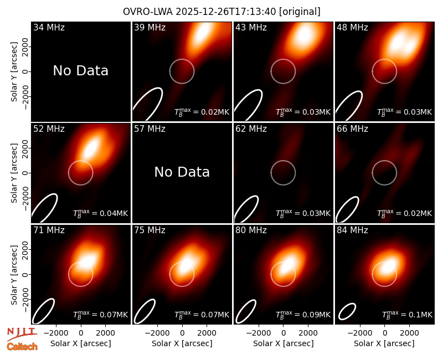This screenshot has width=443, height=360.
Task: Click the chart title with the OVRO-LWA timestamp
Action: click(221, 12)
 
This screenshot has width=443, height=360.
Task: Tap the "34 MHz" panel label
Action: click(49, 27)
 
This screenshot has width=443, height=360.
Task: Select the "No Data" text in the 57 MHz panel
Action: click(182, 172)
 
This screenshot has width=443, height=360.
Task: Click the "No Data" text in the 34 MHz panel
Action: click(80, 70)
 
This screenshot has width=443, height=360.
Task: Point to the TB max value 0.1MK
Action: click(407, 314)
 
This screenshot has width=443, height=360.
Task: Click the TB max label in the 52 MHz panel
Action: click(101, 213)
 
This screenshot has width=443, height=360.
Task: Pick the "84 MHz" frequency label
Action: click(352, 230)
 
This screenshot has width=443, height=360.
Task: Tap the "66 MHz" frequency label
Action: click(352, 129)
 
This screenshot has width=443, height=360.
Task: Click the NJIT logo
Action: click(22, 334)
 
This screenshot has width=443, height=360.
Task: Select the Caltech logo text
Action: click(22, 347)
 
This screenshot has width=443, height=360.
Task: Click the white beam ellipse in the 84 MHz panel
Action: click(347, 311)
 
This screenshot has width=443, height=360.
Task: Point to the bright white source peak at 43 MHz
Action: click(303, 34)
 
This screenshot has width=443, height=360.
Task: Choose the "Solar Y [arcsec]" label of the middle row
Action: click(14, 173)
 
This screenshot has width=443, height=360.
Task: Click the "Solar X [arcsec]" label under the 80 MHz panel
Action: click(284, 343)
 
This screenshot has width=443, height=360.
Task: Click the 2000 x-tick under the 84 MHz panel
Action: click(409, 333)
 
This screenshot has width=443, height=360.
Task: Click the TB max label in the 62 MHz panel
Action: click(303, 213)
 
